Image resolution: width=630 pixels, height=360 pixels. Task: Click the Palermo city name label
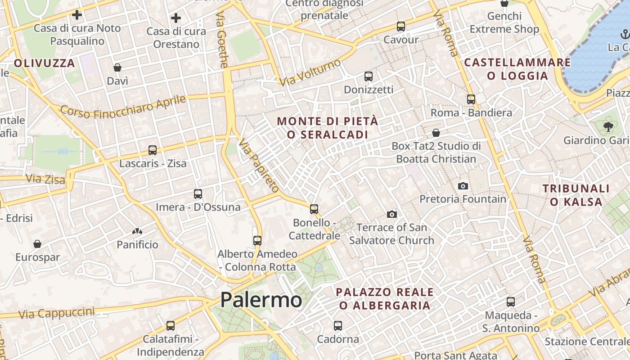pyautogui.click(x=261, y=300)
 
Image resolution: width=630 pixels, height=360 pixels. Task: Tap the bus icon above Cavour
pyautogui.click(x=400, y=27)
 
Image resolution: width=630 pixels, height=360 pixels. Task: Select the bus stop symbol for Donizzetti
pyautogui.click(x=368, y=76)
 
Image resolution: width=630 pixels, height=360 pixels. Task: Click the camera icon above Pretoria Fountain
pyautogui.click(x=463, y=186)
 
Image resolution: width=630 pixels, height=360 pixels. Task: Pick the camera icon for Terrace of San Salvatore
pyautogui.click(x=392, y=214)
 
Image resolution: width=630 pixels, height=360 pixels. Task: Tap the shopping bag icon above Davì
pyautogui.click(x=117, y=68)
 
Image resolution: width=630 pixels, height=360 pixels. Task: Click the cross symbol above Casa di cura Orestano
pyautogui.click(x=176, y=18)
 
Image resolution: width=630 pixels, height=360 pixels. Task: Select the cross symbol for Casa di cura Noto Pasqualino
pyautogui.click(x=77, y=15)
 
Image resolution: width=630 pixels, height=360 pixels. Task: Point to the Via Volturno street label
pyautogui.click(x=310, y=72)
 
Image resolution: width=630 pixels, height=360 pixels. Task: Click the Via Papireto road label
pyautogui.click(x=259, y=165)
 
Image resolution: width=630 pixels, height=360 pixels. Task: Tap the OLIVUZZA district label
pyautogui.click(x=44, y=63)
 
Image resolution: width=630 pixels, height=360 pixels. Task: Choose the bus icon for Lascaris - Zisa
pyautogui.click(x=153, y=150)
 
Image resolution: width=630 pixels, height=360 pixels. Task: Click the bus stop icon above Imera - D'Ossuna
pyautogui.click(x=198, y=194)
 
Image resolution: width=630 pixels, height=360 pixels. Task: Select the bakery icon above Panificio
pyautogui.click(x=137, y=231)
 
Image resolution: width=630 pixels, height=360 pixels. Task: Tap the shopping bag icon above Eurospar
pyautogui.click(x=37, y=244)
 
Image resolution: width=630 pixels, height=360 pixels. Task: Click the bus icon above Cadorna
pyautogui.click(x=338, y=325)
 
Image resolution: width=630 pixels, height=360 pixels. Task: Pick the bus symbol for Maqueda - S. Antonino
pyautogui.click(x=511, y=302)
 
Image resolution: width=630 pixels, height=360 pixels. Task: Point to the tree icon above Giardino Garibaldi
pyautogui.click(x=608, y=127)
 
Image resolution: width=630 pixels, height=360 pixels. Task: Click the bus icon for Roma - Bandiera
pyautogui.click(x=471, y=99)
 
